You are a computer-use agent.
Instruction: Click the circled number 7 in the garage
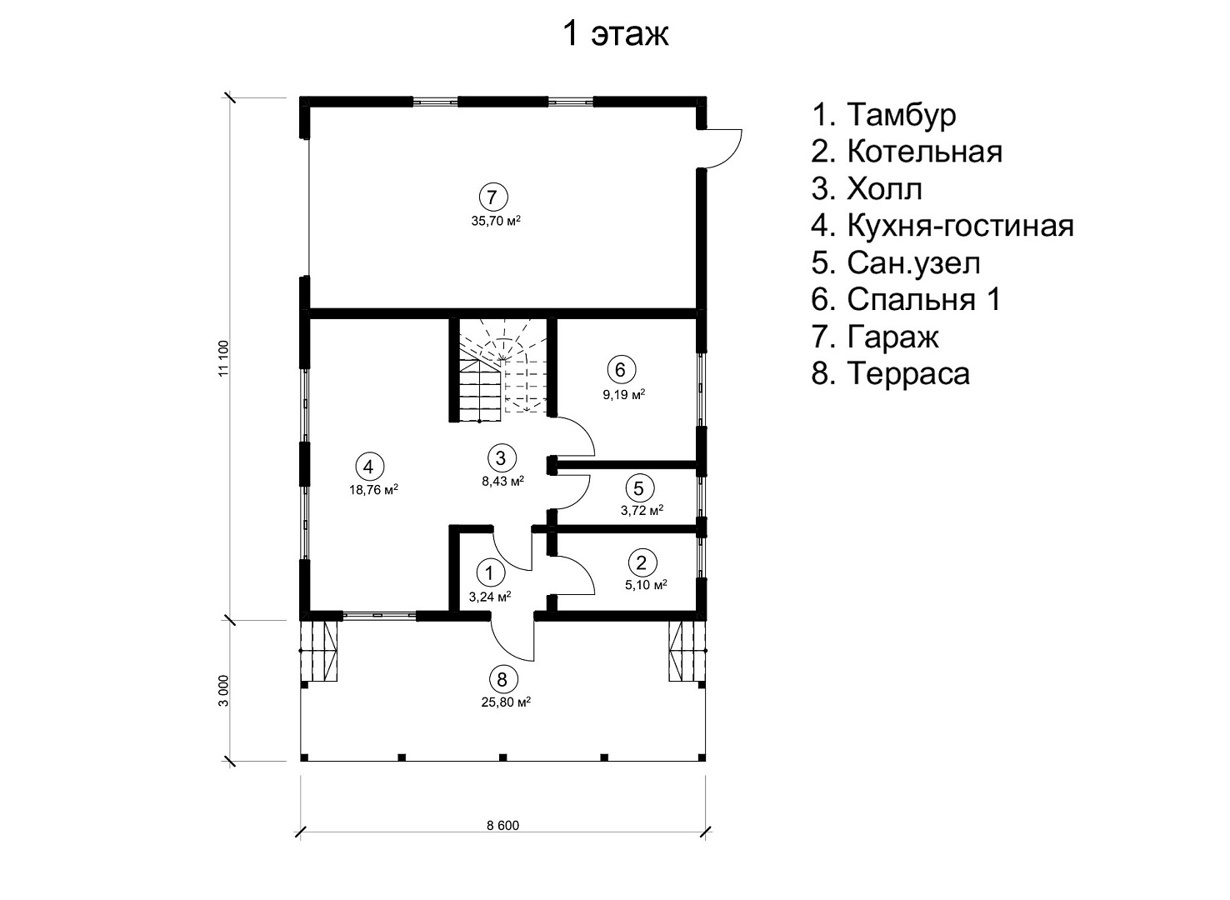(x=493, y=197)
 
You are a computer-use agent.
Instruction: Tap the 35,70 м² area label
(x=496, y=221)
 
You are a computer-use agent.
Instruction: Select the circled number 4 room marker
(x=369, y=467)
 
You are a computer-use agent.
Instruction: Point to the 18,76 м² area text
(x=373, y=490)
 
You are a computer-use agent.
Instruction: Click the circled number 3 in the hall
(x=502, y=458)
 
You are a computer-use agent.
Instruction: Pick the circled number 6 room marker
(x=621, y=369)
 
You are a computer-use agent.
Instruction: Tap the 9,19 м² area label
(x=624, y=393)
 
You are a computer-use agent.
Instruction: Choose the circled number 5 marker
(x=639, y=487)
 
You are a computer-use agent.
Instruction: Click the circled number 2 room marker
(x=642, y=562)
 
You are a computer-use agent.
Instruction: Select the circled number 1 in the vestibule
(x=489, y=573)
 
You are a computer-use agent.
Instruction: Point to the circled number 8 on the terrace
(x=503, y=680)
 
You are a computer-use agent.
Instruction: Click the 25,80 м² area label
(x=507, y=702)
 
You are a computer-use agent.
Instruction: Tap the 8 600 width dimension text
(x=502, y=825)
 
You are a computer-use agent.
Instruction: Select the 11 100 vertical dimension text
(x=223, y=358)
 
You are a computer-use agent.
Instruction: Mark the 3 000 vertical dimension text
(x=223, y=691)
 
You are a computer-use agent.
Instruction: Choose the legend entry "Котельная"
(x=907, y=152)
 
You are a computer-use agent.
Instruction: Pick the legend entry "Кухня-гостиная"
(x=942, y=226)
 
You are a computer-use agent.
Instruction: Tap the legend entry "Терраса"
(x=891, y=373)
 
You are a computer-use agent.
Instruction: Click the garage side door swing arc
(x=734, y=155)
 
